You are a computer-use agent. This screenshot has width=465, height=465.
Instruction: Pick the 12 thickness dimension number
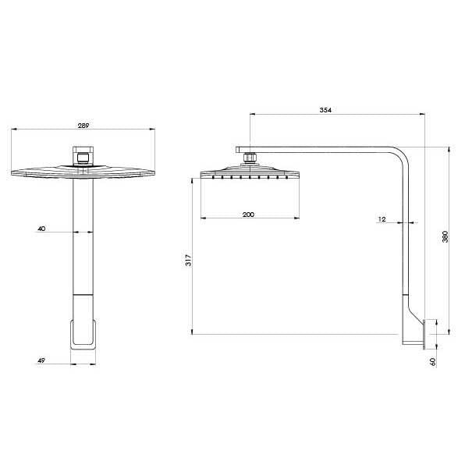(382, 220)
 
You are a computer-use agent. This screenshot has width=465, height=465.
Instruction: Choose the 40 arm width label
(41, 229)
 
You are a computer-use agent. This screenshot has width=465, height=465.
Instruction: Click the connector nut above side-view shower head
(250, 158)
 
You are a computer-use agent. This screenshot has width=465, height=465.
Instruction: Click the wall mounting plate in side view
(424, 333)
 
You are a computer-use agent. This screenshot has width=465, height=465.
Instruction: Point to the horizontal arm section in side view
(328, 150)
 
